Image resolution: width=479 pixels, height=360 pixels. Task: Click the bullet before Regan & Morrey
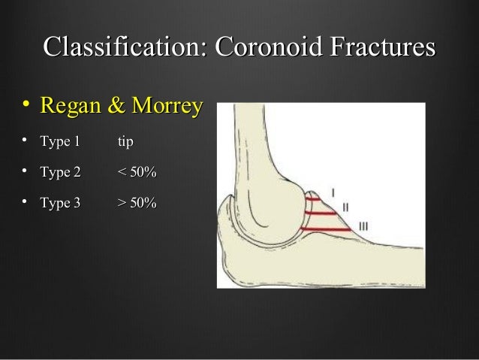[x=25, y=107]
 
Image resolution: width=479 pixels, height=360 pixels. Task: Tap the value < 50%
[x=137, y=174]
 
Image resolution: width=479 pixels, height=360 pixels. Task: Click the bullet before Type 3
[x=25, y=204]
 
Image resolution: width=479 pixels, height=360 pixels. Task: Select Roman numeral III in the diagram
[x=363, y=225]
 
